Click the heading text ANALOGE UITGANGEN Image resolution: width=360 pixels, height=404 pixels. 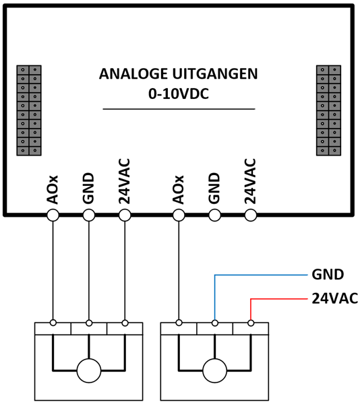(x=178, y=73)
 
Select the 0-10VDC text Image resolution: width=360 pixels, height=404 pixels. (x=179, y=94)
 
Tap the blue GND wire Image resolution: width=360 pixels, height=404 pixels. (x=260, y=275)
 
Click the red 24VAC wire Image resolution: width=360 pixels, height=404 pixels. (x=278, y=299)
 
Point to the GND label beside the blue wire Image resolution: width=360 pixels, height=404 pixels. (x=328, y=275)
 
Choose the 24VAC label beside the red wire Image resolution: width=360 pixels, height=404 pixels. (x=335, y=299)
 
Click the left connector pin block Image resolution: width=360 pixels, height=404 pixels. (x=29, y=110)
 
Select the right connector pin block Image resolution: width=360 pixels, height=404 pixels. (x=328, y=110)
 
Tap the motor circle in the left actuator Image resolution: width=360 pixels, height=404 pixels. (x=89, y=370)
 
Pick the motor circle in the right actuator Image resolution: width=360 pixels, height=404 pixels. (x=215, y=370)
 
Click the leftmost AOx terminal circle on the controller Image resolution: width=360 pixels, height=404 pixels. (x=53, y=215)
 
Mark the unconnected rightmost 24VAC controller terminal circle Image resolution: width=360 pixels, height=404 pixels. (x=250, y=215)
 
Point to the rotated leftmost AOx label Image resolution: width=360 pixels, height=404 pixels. (x=53, y=190)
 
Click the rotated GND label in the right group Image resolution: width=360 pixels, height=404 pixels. (x=214, y=189)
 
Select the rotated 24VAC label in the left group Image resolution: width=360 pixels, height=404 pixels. (x=124, y=181)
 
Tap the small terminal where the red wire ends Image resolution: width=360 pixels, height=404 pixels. (x=251, y=323)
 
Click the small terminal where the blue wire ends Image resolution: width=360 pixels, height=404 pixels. (x=215, y=323)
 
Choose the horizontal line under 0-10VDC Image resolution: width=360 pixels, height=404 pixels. (x=179, y=109)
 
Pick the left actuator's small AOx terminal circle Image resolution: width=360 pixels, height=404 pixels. (x=53, y=323)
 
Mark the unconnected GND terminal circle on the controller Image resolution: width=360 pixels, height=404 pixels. (x=214, y=215)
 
